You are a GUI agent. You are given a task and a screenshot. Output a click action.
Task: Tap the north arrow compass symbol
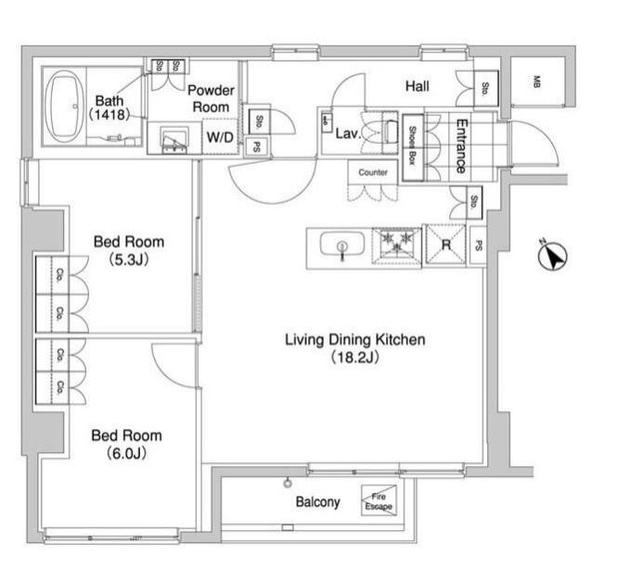[x=552, y=257]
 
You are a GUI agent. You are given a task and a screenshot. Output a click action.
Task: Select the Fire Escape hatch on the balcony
[x=378, y=501]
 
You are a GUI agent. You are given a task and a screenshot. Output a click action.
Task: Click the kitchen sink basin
[x=341, y=246]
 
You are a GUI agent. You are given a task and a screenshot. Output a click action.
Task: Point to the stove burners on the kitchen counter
[x=396, y=245]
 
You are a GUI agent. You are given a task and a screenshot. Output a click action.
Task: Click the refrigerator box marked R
[x=445, y=246]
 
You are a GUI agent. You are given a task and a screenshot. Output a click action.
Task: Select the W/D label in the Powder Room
[x=220, y=137]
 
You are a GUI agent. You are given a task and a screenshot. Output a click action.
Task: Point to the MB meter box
[x=536, y=82]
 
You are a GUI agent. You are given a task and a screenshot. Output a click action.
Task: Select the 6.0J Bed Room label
[x=126, y=444]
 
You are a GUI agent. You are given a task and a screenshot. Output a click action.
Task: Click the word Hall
[x=417, y=86]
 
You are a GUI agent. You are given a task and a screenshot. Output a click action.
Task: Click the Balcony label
[x=317, y=503]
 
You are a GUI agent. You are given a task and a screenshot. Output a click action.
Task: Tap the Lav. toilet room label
[x=347, y=133]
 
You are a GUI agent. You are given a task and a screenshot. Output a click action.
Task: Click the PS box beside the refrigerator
[x=478, y=246]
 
